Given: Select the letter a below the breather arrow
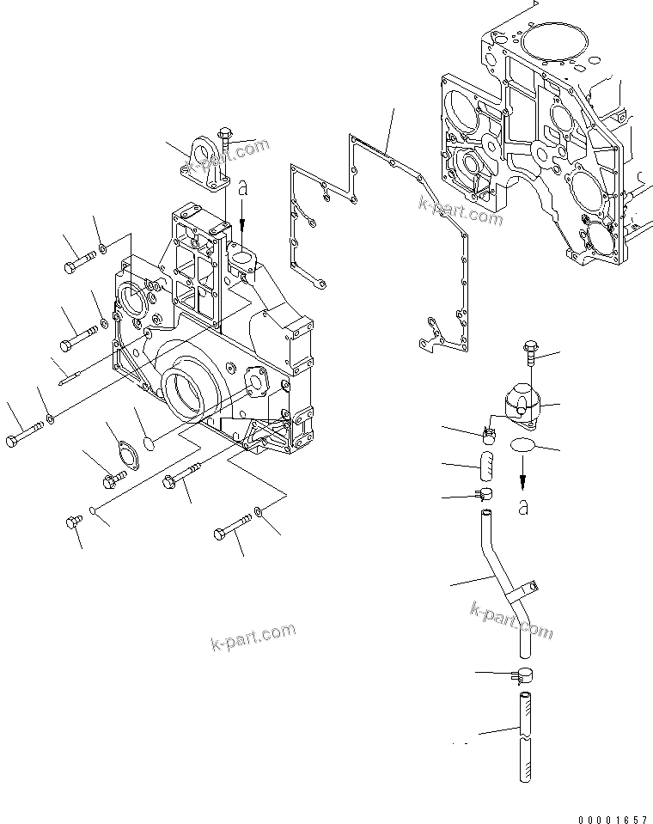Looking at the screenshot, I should (523, 508).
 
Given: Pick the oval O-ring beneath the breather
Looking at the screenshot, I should (523, 445).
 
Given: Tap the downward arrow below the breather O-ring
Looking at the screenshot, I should (522, 479).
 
